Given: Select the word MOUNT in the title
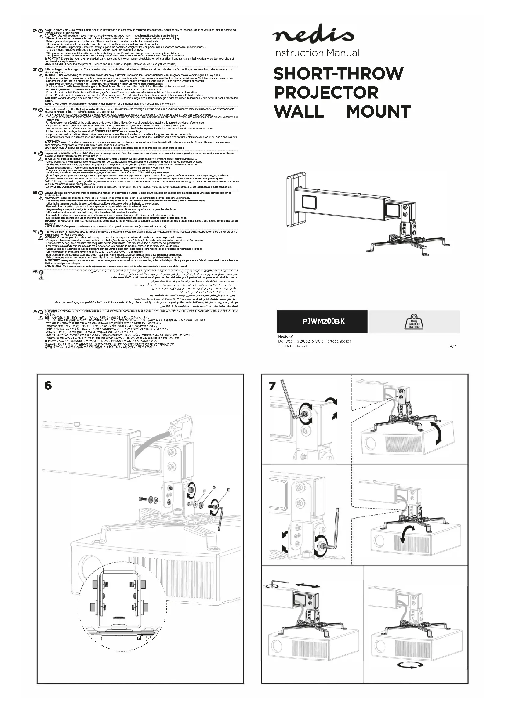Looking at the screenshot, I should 378,112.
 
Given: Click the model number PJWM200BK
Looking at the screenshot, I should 323,321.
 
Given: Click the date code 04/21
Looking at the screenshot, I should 453,346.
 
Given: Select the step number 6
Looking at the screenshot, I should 48,385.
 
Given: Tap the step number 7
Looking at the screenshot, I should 272,386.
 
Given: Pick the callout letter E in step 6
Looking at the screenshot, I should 228,491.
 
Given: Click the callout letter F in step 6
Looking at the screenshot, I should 205,491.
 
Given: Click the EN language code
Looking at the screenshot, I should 35,31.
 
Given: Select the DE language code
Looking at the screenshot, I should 35,70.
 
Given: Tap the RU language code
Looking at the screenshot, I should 35,153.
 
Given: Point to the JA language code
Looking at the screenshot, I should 35,311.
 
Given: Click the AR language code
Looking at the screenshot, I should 35,272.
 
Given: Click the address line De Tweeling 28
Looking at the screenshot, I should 314,341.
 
